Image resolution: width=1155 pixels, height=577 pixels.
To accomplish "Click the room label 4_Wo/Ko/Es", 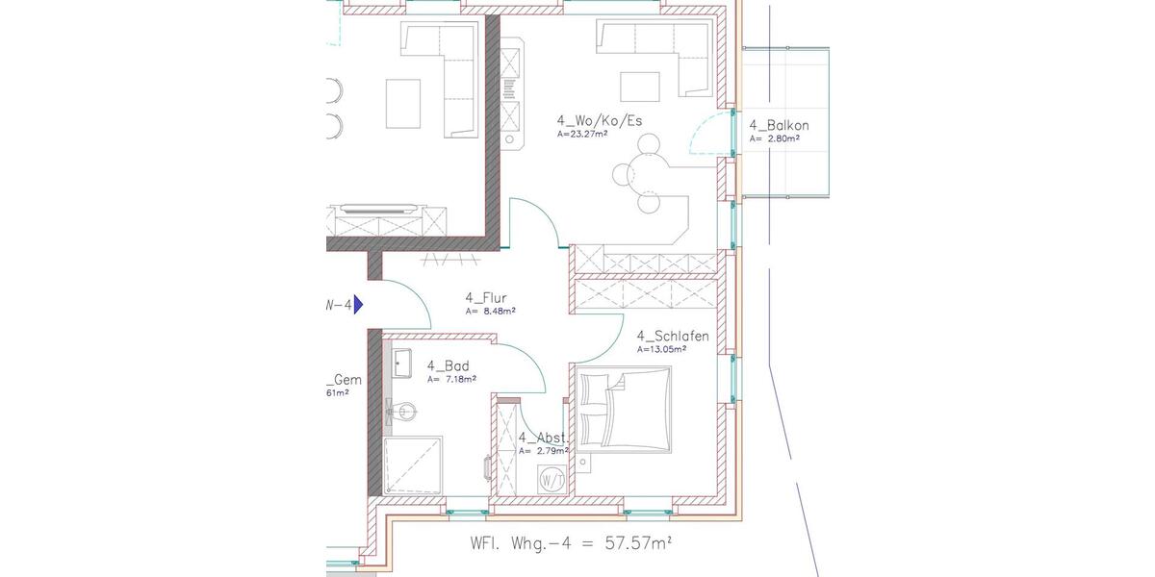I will point(599,121).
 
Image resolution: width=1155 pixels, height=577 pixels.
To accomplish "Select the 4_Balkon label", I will point(779,125).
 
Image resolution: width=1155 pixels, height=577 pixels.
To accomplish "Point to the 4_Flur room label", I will point(485,297).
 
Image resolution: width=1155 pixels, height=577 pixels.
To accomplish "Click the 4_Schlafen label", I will point(673,336).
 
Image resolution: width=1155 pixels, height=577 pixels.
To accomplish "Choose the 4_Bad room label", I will point(448,365).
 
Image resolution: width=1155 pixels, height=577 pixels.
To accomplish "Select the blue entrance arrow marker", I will point(358,305).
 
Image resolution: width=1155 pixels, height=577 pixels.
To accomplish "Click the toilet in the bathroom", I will point(401,413).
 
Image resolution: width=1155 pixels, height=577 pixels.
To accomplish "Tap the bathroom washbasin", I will point(402,363).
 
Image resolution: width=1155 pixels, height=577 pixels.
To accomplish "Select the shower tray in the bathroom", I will point(414,467).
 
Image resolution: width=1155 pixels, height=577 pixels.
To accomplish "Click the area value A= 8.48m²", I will point(491,312).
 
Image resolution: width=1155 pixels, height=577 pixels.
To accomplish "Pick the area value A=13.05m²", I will point(664,350).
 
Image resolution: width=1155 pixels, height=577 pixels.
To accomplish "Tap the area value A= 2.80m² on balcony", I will point(775,139).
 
